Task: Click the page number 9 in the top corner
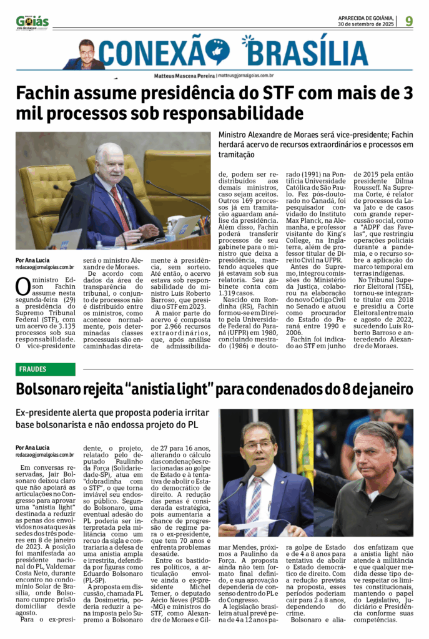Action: pos(409,21)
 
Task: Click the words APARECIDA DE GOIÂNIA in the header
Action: pos(365,17)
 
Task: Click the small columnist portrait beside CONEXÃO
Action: pos(86,53)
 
